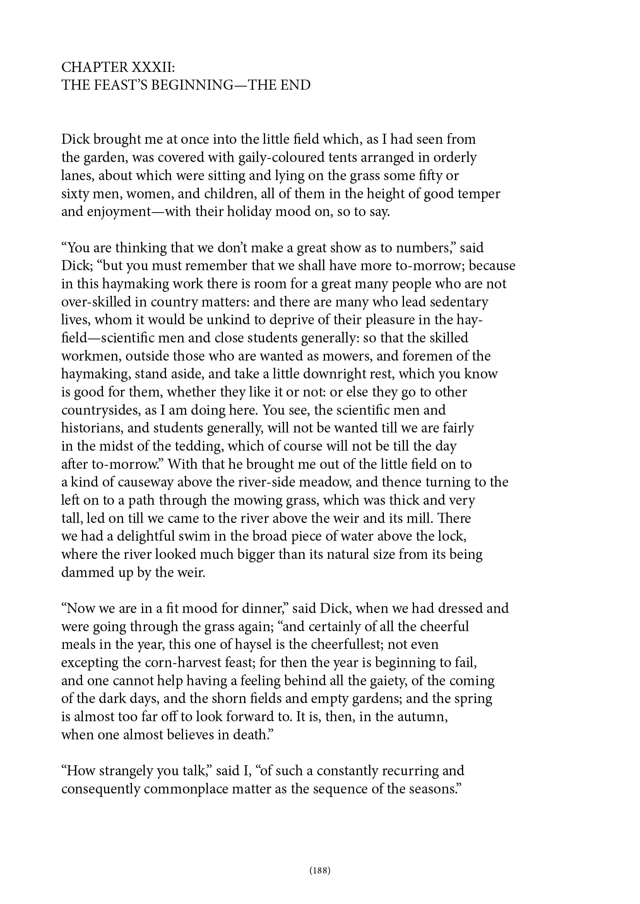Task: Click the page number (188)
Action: click(x=320, y=870)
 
